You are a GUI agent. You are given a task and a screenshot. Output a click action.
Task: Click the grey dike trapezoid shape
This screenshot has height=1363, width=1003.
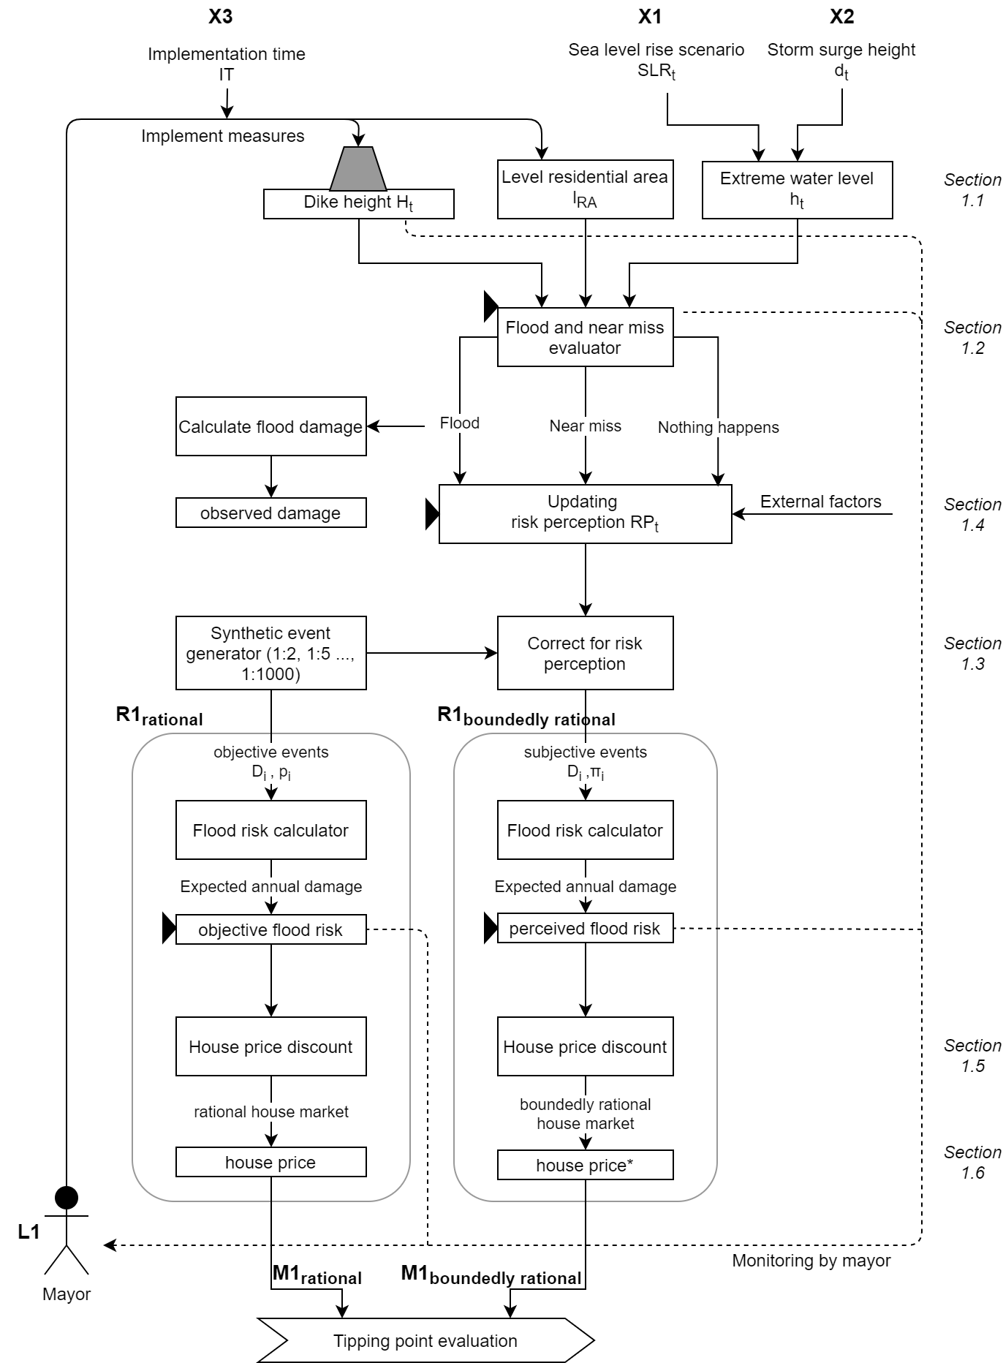[x=358, y=169]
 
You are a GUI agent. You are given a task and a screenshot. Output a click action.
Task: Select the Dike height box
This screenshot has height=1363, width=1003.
[x=358, y=204]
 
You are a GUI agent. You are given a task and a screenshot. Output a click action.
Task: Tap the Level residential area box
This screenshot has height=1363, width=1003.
[x=585, y=189]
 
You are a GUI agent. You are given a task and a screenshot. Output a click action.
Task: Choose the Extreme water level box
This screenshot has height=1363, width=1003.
[x=797, y=190]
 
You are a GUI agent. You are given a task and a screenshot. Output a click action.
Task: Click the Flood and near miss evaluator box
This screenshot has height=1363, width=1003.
[x=585, y=337]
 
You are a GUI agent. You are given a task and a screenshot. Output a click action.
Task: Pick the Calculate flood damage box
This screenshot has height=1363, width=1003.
[x=270, y=426]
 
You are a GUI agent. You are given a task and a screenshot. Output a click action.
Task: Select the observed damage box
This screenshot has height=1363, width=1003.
[x=270, y=513]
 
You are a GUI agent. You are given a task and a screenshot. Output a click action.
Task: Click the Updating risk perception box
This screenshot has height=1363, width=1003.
[x=585, y=513]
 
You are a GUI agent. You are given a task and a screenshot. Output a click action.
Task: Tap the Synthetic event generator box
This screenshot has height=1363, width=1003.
[x=270, y=653]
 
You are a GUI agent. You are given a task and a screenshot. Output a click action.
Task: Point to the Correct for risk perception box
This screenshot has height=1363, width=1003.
[x=585, y=653]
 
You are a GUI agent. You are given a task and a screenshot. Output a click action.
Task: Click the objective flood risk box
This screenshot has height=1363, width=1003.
[x=270, y=930]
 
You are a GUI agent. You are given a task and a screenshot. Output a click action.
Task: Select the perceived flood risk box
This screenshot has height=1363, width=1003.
[x=585, y=929]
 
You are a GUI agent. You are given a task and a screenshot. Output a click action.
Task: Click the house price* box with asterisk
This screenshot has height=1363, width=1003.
[x=585, y=1166]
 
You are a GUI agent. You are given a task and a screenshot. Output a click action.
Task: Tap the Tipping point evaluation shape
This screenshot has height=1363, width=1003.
[x=425, y=1340]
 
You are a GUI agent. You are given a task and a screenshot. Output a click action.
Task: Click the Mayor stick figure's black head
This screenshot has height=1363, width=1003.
[x=67, y=1198]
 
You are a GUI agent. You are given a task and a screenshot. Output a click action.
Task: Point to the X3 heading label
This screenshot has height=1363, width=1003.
[x=220, y=17]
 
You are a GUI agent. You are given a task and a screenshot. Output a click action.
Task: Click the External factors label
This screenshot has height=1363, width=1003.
[x=820, y=502]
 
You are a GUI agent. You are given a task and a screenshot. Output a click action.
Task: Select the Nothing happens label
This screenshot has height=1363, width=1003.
[x=718, y=428]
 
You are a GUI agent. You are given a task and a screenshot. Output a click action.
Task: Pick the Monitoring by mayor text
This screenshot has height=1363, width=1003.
[x=811, y=1261]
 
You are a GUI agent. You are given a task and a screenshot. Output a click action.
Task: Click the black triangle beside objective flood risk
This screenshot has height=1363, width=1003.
[x=168, y=930]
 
